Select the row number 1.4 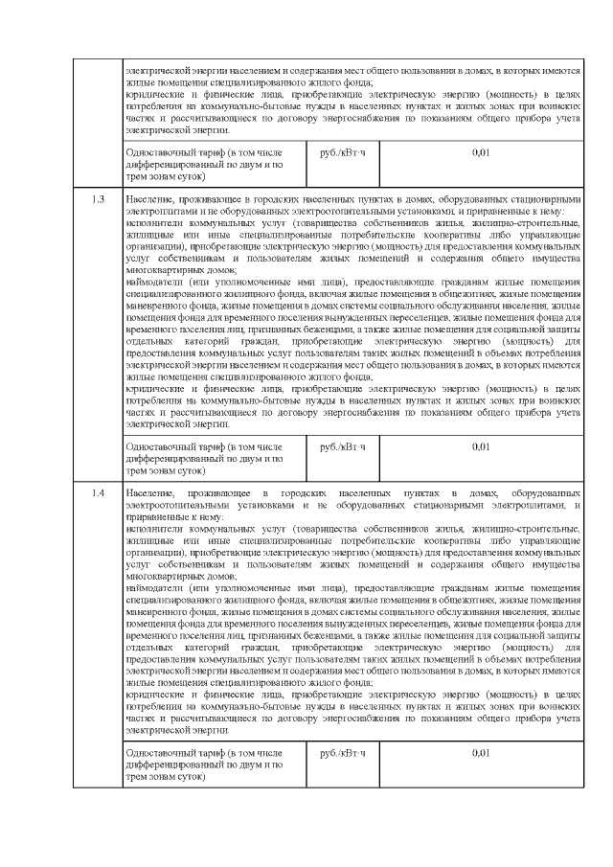click(98, 492)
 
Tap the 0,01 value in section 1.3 click(481, 447)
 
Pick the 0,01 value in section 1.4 click(481, 753)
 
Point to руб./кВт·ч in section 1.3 click(343, 447)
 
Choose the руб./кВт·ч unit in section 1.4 click(343, 753)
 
